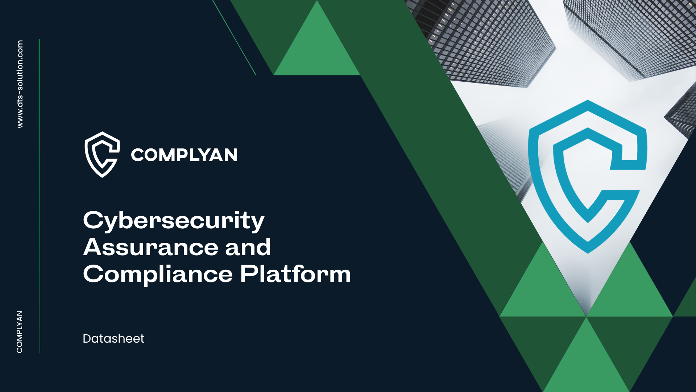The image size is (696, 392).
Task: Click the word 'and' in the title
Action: (248, 247)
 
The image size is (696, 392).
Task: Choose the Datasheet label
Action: (113, 339)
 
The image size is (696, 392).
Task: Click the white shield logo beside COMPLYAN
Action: (102, 155)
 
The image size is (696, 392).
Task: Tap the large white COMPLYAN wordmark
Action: (184, 155)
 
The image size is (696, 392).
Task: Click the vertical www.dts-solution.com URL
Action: (20, 84)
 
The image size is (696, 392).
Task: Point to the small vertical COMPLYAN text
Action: (20, 332)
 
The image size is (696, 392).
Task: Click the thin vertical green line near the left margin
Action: (40, 196)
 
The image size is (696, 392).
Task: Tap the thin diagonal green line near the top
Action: (234, 37)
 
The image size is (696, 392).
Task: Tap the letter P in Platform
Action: (249, 273)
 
